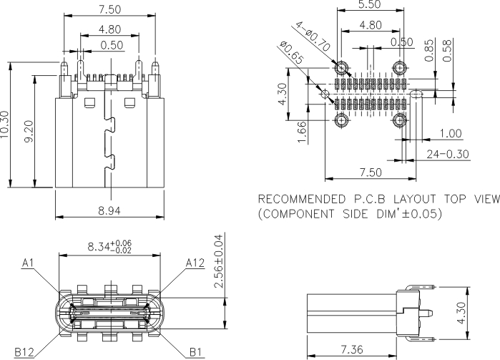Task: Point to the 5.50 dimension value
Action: click(368, 5)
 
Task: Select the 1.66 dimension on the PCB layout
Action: click(303, 132)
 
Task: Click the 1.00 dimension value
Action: click(451, 134)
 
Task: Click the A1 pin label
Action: click(29, 263)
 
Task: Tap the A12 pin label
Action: click(195, 263)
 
